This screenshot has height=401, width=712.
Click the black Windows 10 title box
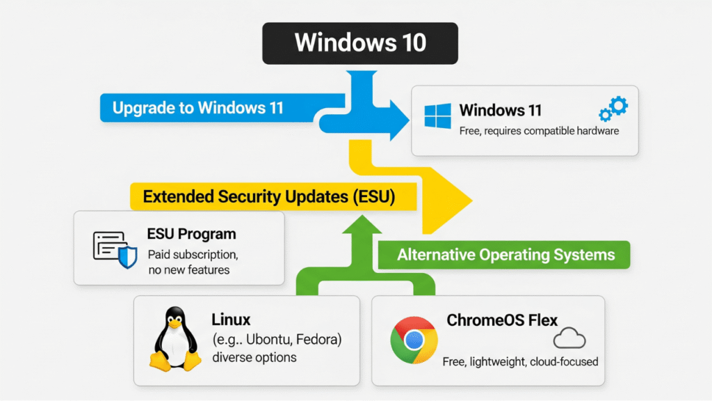(x=359, y=43)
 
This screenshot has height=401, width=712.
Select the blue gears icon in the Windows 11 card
(x=613, y=109)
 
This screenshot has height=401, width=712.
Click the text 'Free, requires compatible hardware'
(x=539, y=131)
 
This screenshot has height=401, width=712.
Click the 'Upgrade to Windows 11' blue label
(x=198, y=109)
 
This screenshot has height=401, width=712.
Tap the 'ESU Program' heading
(x=191, y=234)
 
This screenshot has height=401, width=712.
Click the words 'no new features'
(x=188, y=270)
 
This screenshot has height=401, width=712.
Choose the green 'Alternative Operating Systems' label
(x=505, y=255)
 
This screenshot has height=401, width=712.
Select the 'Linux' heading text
(x=231, y=320)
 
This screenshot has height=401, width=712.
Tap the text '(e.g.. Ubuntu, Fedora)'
(x=276, y=339)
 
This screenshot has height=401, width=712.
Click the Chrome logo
(x=414, y=340)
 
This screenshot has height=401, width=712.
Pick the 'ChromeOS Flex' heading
(x=502, y=320)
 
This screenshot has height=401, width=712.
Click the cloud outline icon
(x=569, y=339)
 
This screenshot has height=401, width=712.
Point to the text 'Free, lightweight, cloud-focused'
(x=520, y=362)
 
